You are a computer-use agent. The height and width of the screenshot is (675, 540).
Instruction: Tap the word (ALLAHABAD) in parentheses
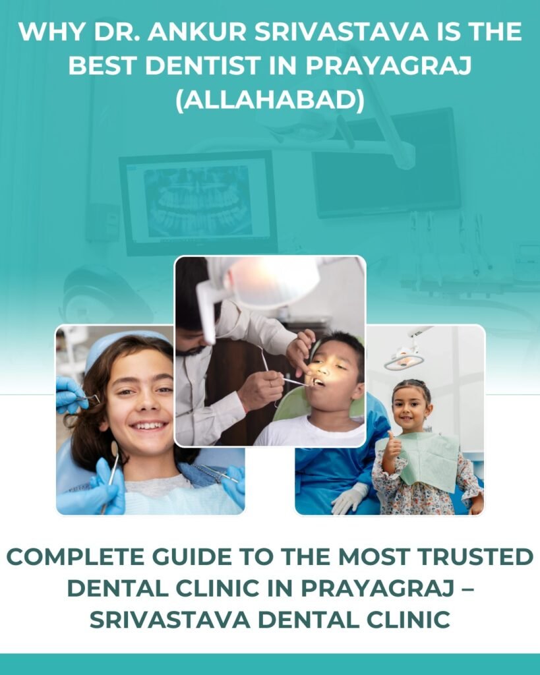[270, 102]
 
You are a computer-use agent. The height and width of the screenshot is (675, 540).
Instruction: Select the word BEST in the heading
[108, 67]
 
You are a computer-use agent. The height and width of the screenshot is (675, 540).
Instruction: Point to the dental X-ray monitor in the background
[198, 200]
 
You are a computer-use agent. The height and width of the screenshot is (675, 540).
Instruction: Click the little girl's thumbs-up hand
[393, 448]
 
